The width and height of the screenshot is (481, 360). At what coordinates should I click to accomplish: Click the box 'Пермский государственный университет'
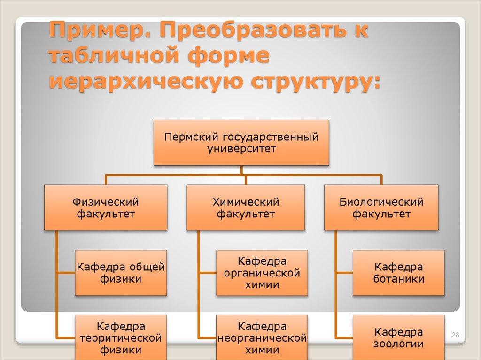[x=241, y=142]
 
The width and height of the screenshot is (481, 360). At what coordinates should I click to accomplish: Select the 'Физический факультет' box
[x=106, y=207]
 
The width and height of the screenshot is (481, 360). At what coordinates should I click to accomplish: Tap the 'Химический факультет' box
[x=246, y=207]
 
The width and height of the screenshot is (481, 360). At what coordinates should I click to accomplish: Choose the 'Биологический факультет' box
[x=381, y=207]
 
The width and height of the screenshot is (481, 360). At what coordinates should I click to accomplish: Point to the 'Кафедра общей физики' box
[x=121, y=273]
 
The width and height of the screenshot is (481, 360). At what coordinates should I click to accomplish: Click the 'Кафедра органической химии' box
[x=262, y=273]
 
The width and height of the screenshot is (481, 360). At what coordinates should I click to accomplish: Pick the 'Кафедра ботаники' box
[x=399, y=273]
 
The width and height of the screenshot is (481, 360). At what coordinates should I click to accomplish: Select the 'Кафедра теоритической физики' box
[x=121, y=337]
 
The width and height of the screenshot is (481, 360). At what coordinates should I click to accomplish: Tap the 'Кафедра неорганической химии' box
[x=262, y=337]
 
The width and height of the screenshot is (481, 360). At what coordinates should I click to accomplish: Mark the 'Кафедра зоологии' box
[x=399, y=337]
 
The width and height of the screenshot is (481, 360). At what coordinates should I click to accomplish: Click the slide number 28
[x=455, y=335]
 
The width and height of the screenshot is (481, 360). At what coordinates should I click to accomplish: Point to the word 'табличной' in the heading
[x=112, y=57]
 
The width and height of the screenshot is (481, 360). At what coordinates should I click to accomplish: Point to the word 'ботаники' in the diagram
[x=399, y=279]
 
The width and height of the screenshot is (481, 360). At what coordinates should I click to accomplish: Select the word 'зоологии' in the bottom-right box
[x=399, y=344]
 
